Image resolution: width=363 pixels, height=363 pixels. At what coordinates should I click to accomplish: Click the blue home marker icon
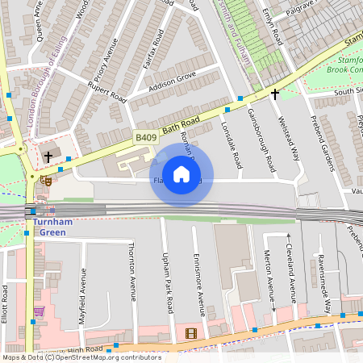pyautogui.click(x=181, y=174)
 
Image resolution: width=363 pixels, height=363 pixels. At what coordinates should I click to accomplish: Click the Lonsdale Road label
pyautogui.click(x=230, y=143)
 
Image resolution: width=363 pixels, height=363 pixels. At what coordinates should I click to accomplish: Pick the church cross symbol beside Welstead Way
pyautogui.click(x=274, y=94)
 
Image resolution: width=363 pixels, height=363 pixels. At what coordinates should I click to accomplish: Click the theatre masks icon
pyautogui.click(x=47, y=182)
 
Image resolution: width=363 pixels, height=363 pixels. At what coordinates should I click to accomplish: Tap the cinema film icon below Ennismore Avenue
pyautogui.click(x=190, y=332)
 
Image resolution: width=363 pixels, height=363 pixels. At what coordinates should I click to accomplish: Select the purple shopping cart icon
pyautogui.click(x=39, y=311)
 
